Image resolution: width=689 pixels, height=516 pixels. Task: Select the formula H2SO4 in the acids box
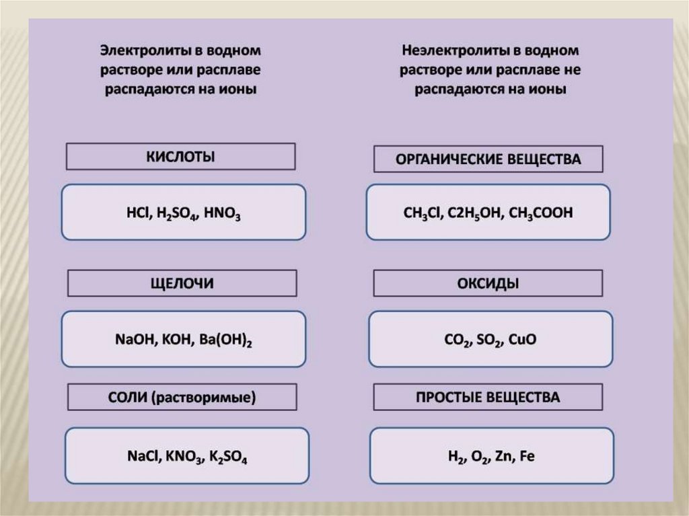[x=174, y=214]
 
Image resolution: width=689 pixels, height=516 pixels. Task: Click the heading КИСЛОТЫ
[x=180, y=157]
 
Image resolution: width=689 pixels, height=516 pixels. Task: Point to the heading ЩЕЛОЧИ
[x=181, y=283]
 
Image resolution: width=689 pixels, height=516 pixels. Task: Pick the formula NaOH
[x=135, y=340]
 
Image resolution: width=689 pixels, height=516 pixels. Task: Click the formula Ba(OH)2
[x=225, y=340]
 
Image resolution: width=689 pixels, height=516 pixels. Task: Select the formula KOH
[x=177, y=340]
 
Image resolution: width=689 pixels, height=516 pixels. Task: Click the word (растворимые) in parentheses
[x=204, y=397]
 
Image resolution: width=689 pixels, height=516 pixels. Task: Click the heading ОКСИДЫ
[x=488, y=283]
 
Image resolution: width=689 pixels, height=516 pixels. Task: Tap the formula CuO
[x=523, y=340]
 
